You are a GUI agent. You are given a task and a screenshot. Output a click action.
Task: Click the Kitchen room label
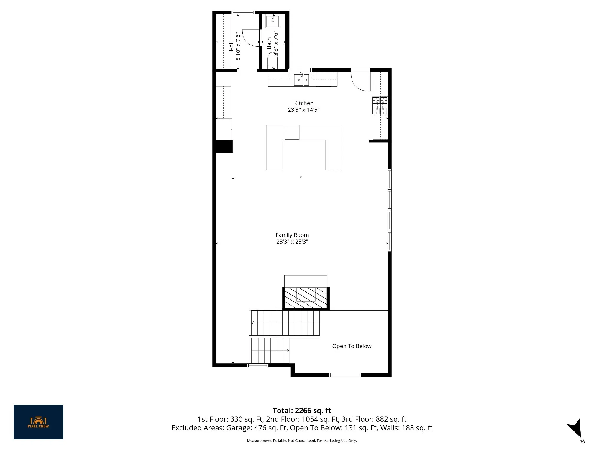point(303,103)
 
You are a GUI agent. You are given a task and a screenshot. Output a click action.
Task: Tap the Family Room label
point(292,235)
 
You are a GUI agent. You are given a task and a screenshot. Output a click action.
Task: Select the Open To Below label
point(352,346)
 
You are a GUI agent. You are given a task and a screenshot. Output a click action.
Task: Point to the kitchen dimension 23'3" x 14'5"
point(304,110)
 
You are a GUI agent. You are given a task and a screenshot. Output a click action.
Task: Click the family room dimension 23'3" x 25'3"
point(292,242)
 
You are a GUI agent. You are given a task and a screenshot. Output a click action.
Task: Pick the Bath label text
point(269,43)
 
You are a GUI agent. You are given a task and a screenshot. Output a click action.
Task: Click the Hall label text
point(232,46)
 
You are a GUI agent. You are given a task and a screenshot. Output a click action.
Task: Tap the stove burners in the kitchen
point(380,106)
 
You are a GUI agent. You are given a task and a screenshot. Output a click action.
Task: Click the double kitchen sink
point(301,80)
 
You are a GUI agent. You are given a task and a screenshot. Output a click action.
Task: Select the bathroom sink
point(273,22)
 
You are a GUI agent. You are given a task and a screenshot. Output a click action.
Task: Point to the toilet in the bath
point(273,61)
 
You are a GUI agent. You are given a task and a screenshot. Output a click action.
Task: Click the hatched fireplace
point(306,298)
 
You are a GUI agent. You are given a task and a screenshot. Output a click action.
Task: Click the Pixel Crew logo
point(38,422)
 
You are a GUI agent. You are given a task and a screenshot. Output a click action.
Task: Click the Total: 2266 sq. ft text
point(302,411)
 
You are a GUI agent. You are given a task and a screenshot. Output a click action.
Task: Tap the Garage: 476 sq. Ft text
point(257,428)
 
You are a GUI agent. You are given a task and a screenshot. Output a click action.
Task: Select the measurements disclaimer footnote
point(302,441)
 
